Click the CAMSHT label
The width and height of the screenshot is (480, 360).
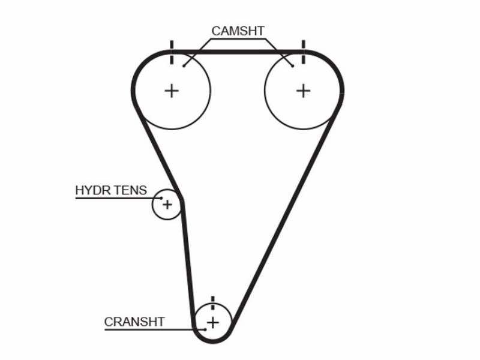pyautogui.click(x=238, y=31)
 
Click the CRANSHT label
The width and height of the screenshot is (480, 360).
pyautogui.click(x=134, y=322)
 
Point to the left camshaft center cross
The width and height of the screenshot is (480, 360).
pyautogui.click(x=172, y=91)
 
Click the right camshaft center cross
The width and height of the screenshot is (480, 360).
pyautogui.click(x=304, y=91)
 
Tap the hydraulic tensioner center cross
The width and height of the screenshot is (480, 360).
pyautogui.click(x=167, y=205)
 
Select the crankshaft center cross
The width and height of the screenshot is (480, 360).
pyautogui.click(x=213, y=323)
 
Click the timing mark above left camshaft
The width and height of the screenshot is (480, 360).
pyautogui.click(x=172, y=52)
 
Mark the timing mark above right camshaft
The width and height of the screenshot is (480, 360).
pyautogui.click(x=304, y=52)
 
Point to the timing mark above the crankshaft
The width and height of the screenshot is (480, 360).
pyautogui.click(x=213, y=303)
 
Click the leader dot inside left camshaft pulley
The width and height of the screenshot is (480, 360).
pyautogui.click(x=184, y=66)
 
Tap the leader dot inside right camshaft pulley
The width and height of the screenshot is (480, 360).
pyautogui.click(x=293, y=66)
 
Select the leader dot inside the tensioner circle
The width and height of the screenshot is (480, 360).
pyautogui.click(x=161, y=198)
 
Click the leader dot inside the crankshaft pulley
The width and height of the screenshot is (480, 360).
pyautogui.click(x=205, y=329)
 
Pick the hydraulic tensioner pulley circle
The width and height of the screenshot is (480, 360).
pyautogui.click(x=152, y=205)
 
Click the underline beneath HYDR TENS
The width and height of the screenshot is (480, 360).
pyautogui.click(x=118, y=199)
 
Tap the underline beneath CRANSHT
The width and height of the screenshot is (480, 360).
pyautogui.click(x=155, y=329)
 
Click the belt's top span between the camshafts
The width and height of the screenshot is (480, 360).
pyautogui.click(x=238, y=52)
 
